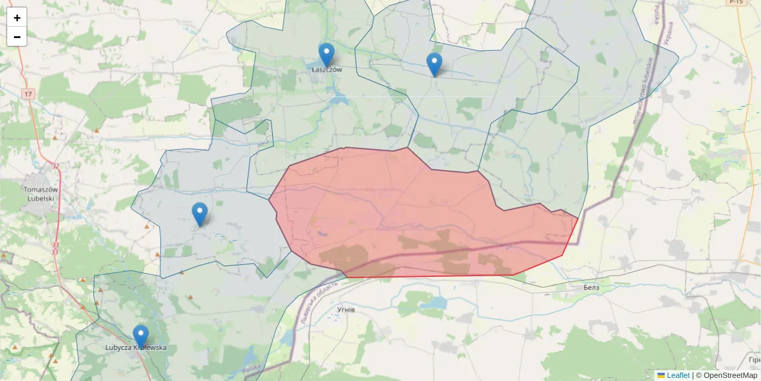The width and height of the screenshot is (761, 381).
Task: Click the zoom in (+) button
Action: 17,18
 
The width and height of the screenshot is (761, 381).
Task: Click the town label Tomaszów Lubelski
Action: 40,194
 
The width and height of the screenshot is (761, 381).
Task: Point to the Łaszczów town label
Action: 327,70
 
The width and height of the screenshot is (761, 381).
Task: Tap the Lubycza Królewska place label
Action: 136,348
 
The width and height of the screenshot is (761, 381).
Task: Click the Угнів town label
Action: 346,309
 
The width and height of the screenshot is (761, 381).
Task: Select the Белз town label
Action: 591,288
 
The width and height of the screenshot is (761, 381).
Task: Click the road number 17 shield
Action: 27,94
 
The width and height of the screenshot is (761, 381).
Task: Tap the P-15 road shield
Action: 736,3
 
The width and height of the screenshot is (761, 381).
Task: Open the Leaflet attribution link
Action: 678,375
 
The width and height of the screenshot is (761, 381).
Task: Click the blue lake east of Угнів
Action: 433,304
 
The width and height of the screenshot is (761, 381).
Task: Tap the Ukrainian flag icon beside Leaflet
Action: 661,375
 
